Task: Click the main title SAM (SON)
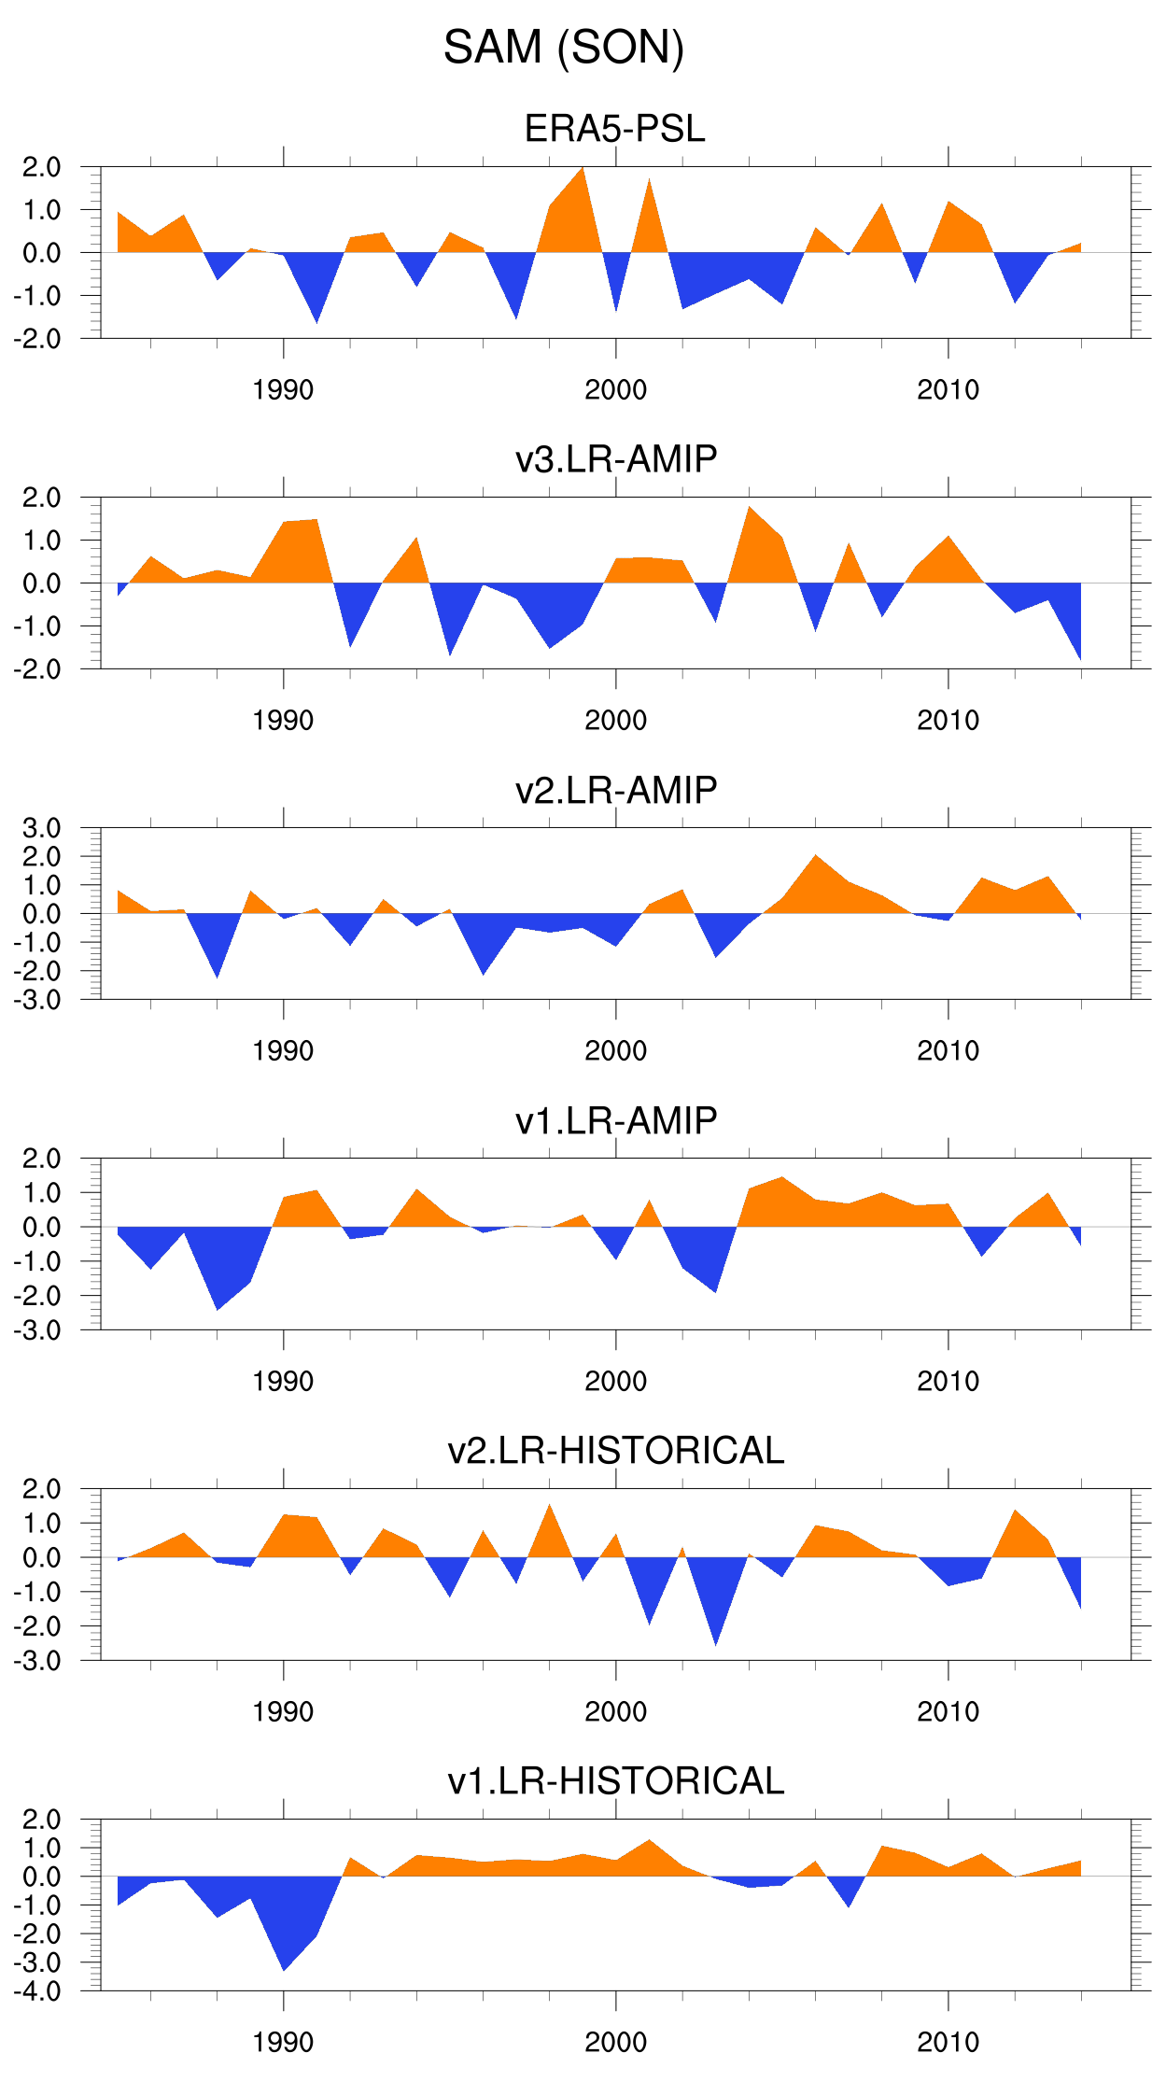[564, 48]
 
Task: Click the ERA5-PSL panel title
[615, 129]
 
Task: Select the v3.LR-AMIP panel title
[616, 459]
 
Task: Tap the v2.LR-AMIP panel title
[616, 790]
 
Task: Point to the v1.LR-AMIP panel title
[616, 1120]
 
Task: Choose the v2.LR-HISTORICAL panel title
[616, 1451]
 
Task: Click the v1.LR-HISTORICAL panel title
[616, 1781]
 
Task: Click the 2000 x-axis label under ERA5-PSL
[616, 390]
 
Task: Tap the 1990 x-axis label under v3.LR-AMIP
[283, 721]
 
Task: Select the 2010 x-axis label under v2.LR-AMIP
[948, 1051]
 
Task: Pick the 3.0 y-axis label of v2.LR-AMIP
[42, 828]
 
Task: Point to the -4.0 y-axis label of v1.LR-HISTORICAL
[37, 1991]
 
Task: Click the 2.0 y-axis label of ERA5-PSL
[42, 167]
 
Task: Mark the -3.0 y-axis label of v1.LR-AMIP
[37, 1330]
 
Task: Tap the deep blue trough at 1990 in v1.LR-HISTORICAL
[284, 1956]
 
